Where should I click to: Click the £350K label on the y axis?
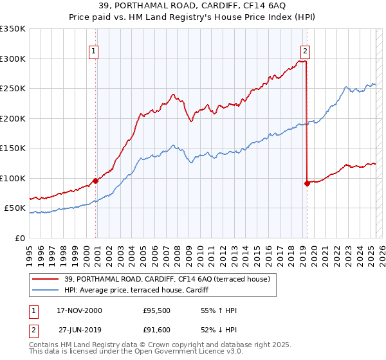pyautogui.click(x=13, y=29)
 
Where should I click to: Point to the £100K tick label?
pyautogui.click(x=13, y=178)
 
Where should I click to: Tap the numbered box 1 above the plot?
pyautogui.click(x=94, y=52)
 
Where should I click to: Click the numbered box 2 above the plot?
pyautogui.click(x=305, y=52)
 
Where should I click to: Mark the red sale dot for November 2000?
pyautogui.click(x=96, y=181)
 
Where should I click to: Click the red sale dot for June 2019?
pyautogui.click(x=307, y=183)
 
